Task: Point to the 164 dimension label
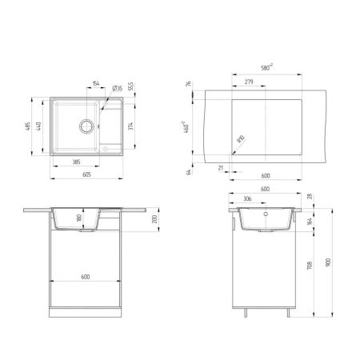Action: (311, 222)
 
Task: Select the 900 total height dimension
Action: (330, 265)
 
